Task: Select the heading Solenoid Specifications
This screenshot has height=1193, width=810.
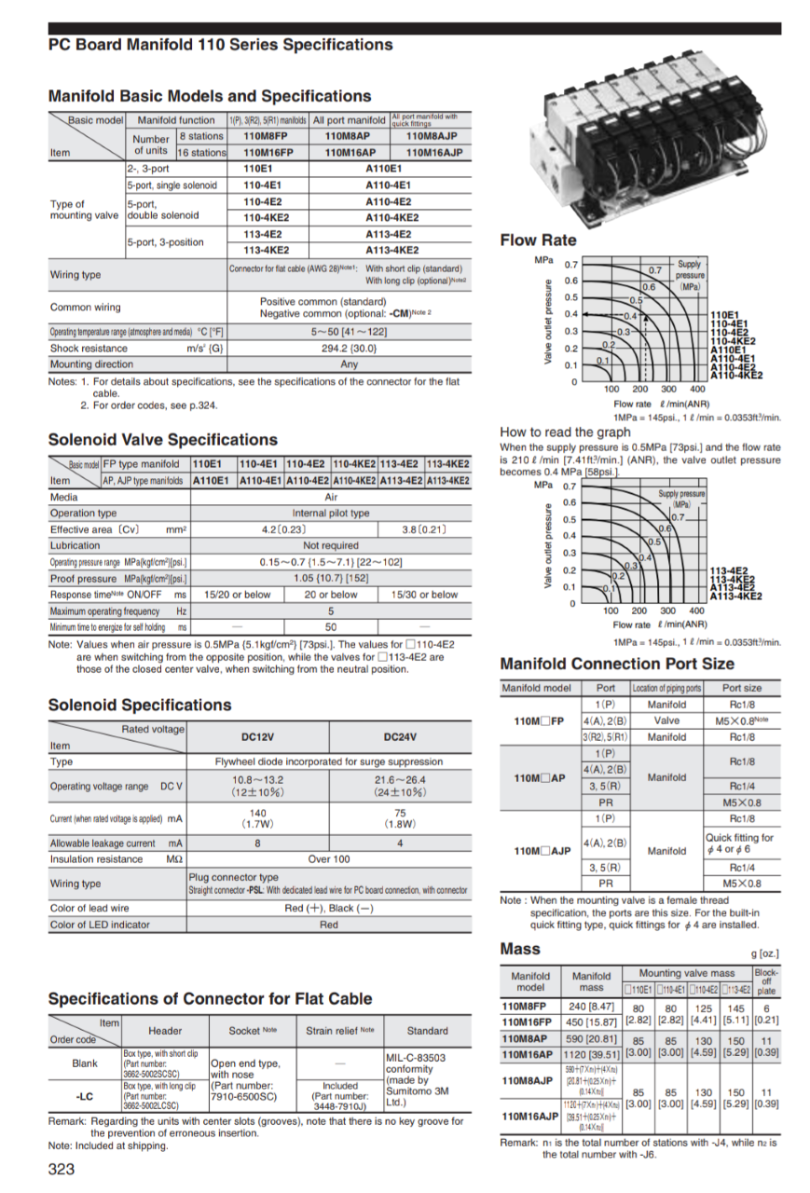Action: coord(140,705)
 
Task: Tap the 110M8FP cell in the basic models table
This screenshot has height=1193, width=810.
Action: coord(268,136)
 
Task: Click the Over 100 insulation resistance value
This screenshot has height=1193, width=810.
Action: coord(330,858)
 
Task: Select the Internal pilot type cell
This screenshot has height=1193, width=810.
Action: coord(330,513)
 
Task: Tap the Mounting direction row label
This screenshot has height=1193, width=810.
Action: coord(91,364)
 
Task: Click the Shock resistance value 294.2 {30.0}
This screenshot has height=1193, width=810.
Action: coord(350,349)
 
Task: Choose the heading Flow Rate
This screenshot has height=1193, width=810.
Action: coord(538,240)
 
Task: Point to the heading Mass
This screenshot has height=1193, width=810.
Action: coord(520,949)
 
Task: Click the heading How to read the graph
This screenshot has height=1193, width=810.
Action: coord(565,432)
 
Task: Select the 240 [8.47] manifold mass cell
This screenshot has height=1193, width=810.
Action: coord(590,1007)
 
